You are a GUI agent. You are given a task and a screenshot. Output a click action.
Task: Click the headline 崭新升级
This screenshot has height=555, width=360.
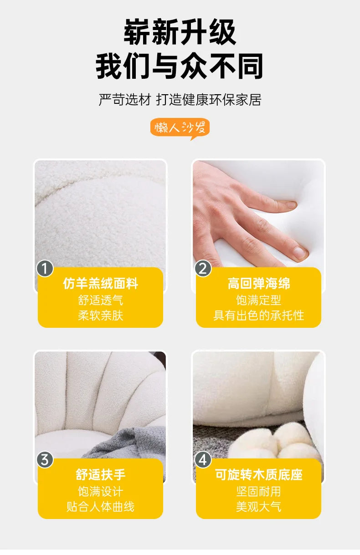(x=180, y=33)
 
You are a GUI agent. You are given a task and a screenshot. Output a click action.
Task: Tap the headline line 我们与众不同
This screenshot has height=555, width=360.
(x=180, y=67)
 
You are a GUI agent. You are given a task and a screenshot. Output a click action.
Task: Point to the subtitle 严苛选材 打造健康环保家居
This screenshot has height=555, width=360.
(x=180, y=100)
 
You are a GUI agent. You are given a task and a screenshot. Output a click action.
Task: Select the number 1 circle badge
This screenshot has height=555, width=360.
(x=45, y=269)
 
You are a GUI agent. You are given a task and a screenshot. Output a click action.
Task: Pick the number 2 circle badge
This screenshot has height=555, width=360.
(x=203, y=269)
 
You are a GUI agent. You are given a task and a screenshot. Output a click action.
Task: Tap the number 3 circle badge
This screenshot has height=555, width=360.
(x=45, y=460)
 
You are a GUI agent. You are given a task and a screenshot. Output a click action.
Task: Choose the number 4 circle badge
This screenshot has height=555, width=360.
(x=203, y=460)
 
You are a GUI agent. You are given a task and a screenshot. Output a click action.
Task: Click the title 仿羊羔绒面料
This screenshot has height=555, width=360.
(x=100, y=284)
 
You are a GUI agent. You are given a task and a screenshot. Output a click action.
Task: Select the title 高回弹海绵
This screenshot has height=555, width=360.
(x=259, y=284)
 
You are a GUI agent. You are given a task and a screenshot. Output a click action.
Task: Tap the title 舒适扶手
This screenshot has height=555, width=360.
(x=100, y=475)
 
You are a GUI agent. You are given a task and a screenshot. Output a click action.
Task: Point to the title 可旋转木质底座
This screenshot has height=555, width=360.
(x=259, y=475)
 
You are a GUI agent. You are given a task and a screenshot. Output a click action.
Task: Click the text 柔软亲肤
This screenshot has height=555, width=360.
(x=100, y=316)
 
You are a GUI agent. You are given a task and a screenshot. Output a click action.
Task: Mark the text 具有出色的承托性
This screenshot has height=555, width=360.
(x=259, y=316)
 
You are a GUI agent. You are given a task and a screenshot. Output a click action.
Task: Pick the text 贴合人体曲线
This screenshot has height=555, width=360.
(x=100, y=507)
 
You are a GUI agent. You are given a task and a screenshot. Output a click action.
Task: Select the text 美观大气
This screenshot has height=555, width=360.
(x=259, y=507)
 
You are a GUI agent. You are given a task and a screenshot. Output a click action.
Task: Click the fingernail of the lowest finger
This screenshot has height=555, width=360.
(x=300, y=252)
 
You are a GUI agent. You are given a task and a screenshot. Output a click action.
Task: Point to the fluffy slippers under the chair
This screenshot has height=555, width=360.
(x=273, y=442)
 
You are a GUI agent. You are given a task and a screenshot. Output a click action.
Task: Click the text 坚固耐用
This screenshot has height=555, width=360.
(x=259, y=492)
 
